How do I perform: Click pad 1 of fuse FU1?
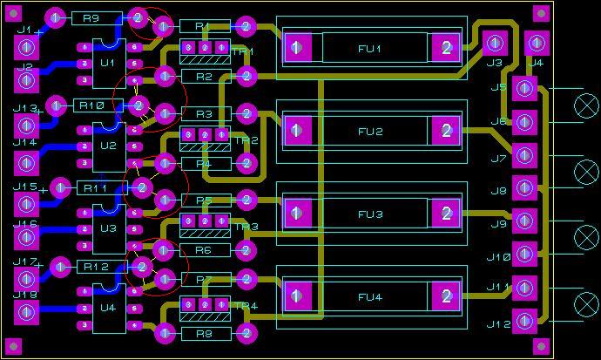[297, 48]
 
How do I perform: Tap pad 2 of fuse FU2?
[446, 132]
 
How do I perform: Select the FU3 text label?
[370, 214]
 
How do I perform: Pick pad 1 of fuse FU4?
[297, 296]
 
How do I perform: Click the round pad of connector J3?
[495, 42]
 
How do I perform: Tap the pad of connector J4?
[536, 42]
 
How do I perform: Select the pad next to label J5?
[524, 88]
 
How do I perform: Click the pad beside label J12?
[524, 321]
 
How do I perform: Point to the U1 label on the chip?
[108, 63]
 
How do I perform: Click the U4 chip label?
[108, 308]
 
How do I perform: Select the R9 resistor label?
[91, 18]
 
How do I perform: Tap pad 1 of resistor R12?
[59, 266]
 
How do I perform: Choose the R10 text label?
[91, 105]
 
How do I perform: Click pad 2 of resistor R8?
[246, 332]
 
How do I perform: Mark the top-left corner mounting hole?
[15, 13]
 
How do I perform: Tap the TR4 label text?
[246, 306]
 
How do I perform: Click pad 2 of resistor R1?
[246, 27]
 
